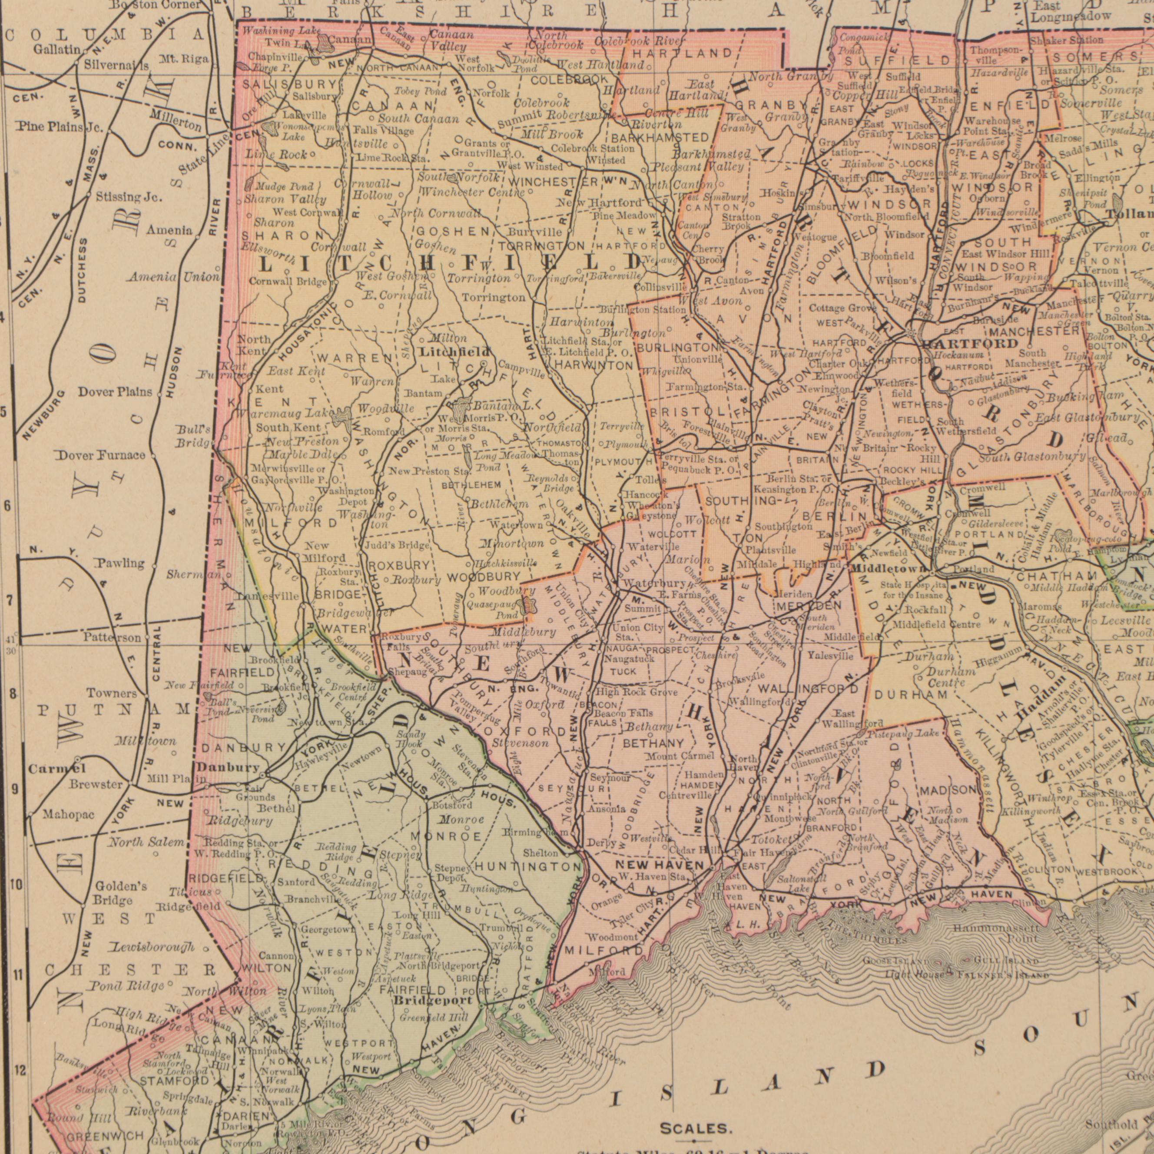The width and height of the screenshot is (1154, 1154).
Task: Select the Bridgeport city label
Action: coord(434,999)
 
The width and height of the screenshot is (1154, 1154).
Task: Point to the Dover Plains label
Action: coord(115,392)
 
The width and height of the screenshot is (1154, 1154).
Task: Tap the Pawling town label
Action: coord(119,563)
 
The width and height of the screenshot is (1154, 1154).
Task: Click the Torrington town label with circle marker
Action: coord(494,298)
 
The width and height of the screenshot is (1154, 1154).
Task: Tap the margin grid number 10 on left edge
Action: coord(17,885)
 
